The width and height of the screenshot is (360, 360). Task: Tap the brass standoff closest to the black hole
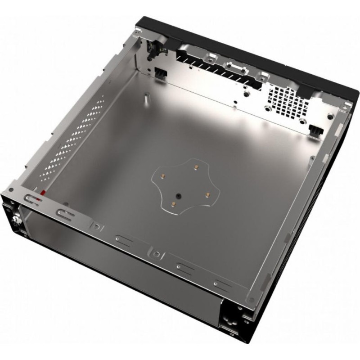tap(173, 205)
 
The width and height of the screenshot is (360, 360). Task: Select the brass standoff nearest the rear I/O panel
tap(196, 167)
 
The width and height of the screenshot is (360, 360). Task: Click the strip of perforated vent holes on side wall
tap(76, 139)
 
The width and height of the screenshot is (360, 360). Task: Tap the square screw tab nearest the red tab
tap(95, 225)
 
